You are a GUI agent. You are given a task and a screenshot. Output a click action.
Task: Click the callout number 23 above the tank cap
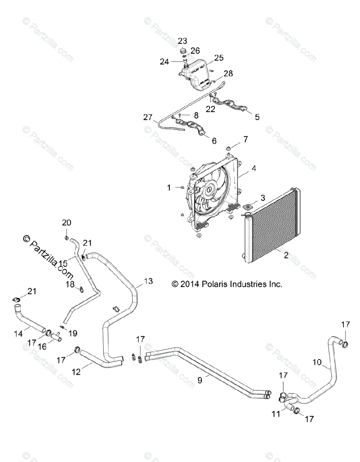pos(182,41)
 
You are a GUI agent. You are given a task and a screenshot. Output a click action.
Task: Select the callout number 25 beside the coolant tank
pos(218,58)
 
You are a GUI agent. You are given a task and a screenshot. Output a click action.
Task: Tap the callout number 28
pos(228,73)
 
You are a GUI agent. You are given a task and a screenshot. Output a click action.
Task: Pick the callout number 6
pos(214,141)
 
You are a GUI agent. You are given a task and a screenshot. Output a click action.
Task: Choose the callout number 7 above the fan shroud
pos(245,139)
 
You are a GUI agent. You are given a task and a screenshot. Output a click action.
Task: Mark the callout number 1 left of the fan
pos(168,187)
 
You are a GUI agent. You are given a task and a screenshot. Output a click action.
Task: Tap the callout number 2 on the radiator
pos(286,254)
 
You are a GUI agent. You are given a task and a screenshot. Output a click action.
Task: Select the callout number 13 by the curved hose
pos(148,281)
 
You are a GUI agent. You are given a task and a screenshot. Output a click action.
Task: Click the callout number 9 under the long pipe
pos(200,380)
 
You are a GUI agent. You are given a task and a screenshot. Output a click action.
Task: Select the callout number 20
pos(67,223)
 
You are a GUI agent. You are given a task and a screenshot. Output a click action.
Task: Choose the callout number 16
pos(42,346)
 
